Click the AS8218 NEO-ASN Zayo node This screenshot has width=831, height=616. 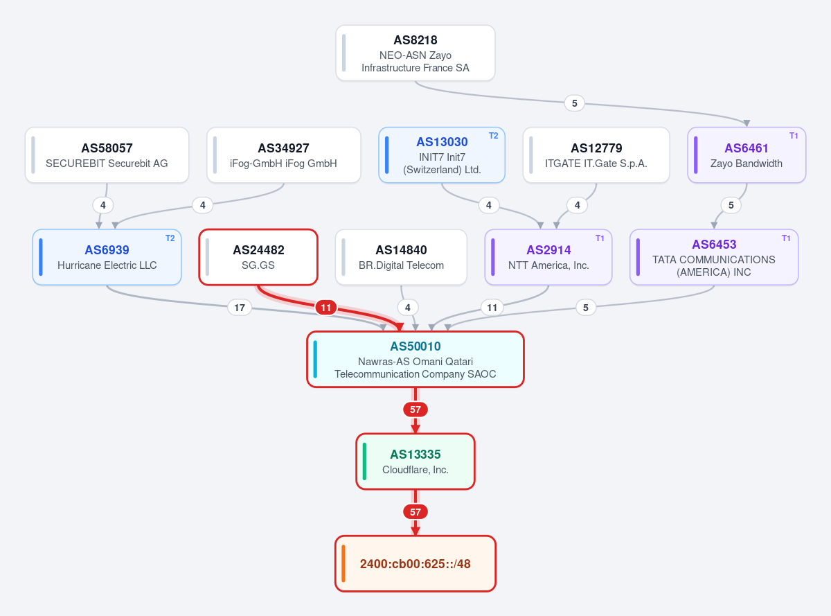pyautogui.click(x=415, y=53)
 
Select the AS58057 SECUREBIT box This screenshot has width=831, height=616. pyautogui.click(x=107, y=155)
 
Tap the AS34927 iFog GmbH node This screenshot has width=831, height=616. pyautogui.click(x=284, y=155)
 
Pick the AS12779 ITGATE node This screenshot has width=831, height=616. pyautogui.click(x=596, y=155)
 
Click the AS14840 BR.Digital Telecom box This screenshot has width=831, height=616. pyautogui.click(x=401, y=257)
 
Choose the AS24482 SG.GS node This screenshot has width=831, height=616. pyautogui.click(x=258, y=257)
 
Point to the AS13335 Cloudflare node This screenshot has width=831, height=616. pyautogui.click(x=415, y=461)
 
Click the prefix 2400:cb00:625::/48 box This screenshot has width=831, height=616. pyautogui.click(x=415, y=563)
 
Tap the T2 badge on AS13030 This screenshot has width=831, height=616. pyautogui.click(x=494, y=136)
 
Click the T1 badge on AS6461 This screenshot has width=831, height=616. pyautogui.click(x=794, y=136)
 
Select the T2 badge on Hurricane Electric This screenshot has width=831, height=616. pyautogui.click(x=170, y=238)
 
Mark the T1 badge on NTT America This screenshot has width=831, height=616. pyautogui.click(x=600, y=238)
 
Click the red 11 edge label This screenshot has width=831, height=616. pyautogui.click(x=326, y=308)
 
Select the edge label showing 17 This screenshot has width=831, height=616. pyautogui.click(x=240, y=308)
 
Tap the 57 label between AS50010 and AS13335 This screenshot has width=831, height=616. pyautogui.click(x=415, y=410)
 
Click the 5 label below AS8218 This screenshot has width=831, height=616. pyautogui.click(x=574, y=103)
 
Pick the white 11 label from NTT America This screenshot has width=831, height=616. pyautogui.click(x=492, y=308)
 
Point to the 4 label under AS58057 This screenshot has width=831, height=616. pyautogui.click(x=103, y=205)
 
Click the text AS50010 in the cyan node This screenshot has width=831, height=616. pyautogui.click(x=415, y=346)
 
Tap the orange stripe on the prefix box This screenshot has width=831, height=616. pyautogui.click(x=343, y=563)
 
